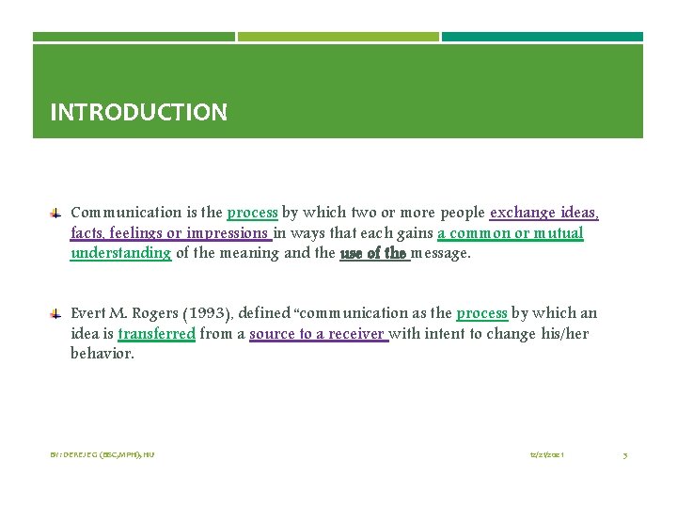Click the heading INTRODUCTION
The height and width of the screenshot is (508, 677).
coord(138,113)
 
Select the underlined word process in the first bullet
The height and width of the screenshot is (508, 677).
coord(252,213)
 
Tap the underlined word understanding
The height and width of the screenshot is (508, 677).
coord(120,252)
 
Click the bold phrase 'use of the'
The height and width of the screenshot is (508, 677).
coord(373,252)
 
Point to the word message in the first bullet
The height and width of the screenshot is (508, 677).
coord(441,252)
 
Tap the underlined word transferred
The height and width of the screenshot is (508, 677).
coord(157,333)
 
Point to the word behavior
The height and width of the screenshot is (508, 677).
coord(102,354)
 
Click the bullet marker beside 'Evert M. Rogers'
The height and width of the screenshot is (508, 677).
coord(56,313)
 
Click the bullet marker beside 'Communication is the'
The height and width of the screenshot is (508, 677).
coord(56,213)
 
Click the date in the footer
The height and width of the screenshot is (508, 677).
coord(546,454)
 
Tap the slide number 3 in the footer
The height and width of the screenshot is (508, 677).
coord(625,454)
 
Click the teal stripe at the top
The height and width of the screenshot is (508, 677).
coord(543,37)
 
